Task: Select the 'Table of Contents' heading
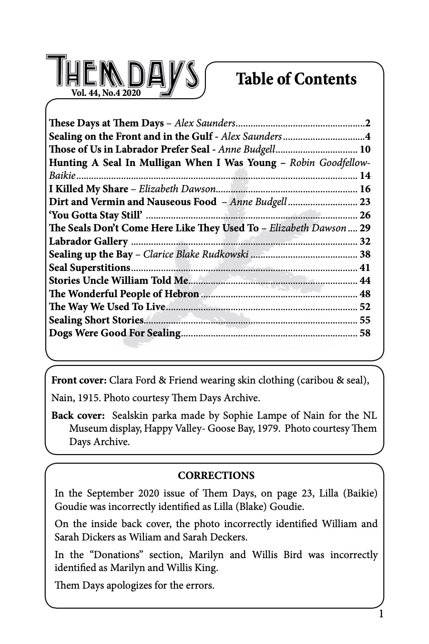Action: [x=296, y=79]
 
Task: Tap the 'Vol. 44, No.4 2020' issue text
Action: [x=105, y=93]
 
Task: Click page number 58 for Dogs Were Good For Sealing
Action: [x=365, y=333]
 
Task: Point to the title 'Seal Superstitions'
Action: [x=90, y=268]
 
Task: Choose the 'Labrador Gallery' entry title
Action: [x=89, y=241]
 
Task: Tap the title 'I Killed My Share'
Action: [x=89, y=189]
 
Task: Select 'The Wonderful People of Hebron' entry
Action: [x=124, y=294]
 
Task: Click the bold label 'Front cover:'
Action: [x=79, y=380]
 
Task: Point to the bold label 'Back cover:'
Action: [x=78, y=415]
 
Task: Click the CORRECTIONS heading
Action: [x=216, y=476]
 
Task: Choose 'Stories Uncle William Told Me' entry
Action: [x=119, y=280]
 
